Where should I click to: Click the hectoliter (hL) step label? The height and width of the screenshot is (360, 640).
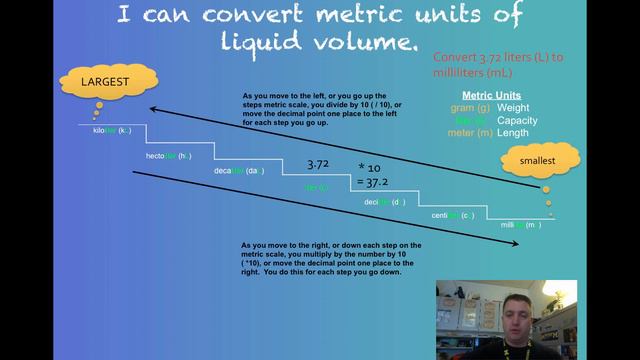169,156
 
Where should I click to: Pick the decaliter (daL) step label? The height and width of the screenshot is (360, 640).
238,171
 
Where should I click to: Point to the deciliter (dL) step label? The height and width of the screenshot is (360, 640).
384,202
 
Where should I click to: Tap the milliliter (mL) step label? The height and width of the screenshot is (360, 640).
521,225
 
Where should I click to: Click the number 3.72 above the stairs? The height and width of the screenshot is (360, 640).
318,163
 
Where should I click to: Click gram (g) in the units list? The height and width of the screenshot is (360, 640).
467,108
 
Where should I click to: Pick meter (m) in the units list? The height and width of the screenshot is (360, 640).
465,133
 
